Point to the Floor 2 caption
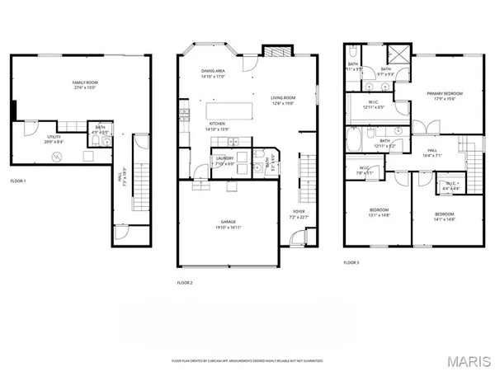pos(184,283)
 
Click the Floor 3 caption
pos(351,263)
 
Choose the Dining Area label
pos(213,71)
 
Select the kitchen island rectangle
pos(229,110)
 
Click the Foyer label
pos(298,212)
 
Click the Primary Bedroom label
pos(445,94)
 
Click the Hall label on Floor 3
pos(431,149)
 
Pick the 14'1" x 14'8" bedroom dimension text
pos(445,220)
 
